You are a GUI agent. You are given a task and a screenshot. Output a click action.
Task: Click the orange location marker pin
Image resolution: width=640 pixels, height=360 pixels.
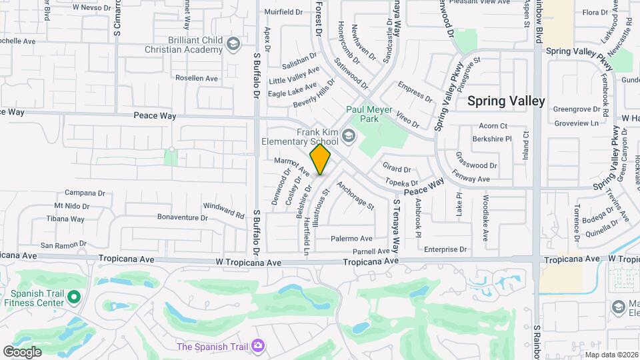320,159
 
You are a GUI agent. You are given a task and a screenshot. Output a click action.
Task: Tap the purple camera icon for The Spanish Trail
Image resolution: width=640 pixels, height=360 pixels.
257,346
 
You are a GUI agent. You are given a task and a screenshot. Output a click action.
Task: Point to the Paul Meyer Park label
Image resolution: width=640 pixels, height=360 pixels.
362,114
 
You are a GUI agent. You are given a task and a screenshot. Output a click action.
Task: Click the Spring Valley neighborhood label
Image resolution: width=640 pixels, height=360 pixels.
506,101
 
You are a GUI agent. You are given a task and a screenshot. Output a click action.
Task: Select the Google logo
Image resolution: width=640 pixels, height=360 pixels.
22,351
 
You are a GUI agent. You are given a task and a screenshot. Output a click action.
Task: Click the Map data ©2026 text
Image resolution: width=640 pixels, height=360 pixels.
611,355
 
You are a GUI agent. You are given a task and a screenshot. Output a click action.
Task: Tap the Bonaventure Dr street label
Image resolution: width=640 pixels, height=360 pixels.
183,217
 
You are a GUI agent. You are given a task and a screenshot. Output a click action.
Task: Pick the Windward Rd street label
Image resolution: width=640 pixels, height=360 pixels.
223,210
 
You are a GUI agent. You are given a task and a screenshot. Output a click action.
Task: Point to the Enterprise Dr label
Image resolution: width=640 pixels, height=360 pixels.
445,249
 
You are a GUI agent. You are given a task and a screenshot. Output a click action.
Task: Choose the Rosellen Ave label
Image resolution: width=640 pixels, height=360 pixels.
197,78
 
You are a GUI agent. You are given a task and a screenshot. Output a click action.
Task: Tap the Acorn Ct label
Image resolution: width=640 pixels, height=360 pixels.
493,126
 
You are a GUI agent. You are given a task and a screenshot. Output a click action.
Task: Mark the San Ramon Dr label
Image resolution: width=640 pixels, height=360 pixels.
59,245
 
